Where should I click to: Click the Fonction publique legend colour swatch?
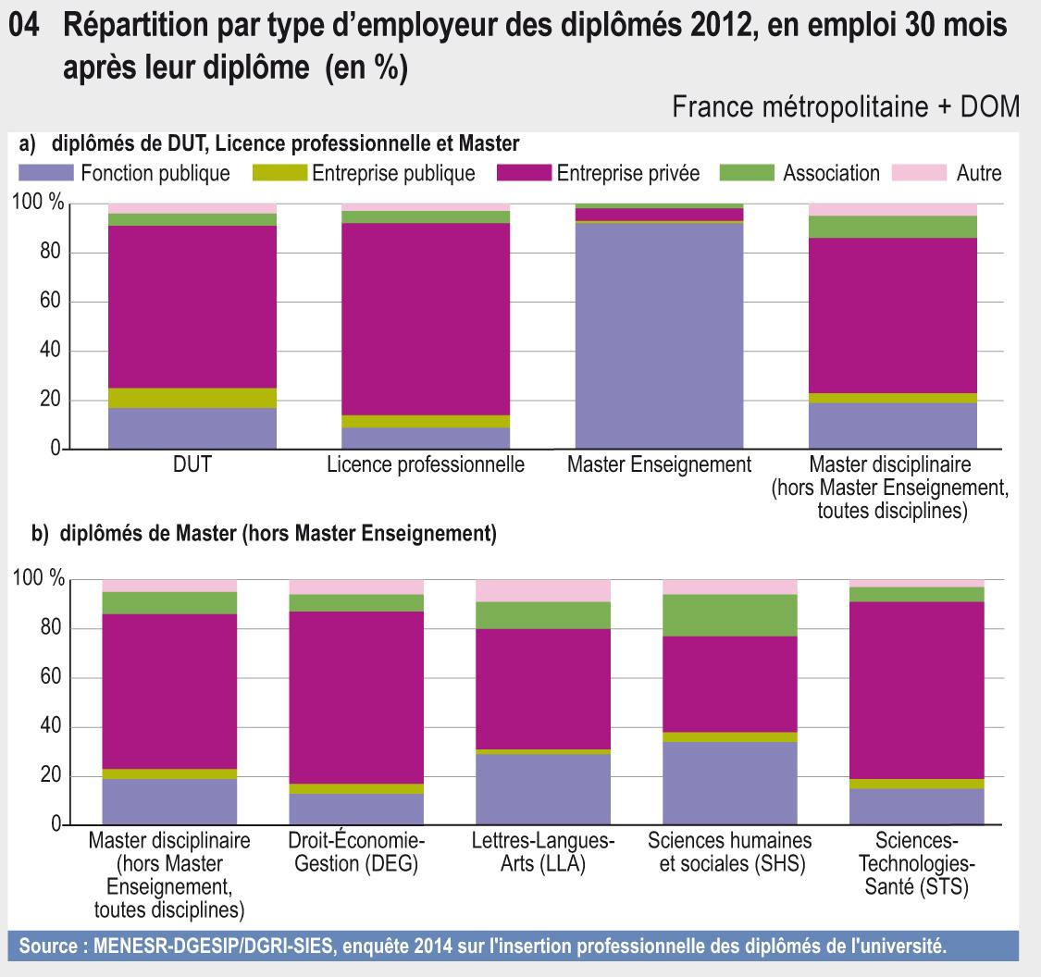coord(45,173)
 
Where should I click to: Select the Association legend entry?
coord(830,173)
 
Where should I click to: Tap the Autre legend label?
coord(978,173)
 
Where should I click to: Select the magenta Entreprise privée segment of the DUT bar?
coord(192,306)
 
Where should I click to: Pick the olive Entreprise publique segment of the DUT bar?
coord(192,398)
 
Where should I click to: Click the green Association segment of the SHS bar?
coord(729,615)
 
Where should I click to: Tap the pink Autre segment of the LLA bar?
coord(543,590)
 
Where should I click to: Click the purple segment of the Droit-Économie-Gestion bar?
coord(356,810)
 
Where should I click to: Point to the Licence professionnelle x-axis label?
coord(426,465)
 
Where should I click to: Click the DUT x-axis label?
coord(192,465)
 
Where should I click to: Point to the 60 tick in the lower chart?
coord(49,678)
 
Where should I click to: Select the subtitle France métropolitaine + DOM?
coord(846,107)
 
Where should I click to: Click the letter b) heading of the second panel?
coord(42,534)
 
